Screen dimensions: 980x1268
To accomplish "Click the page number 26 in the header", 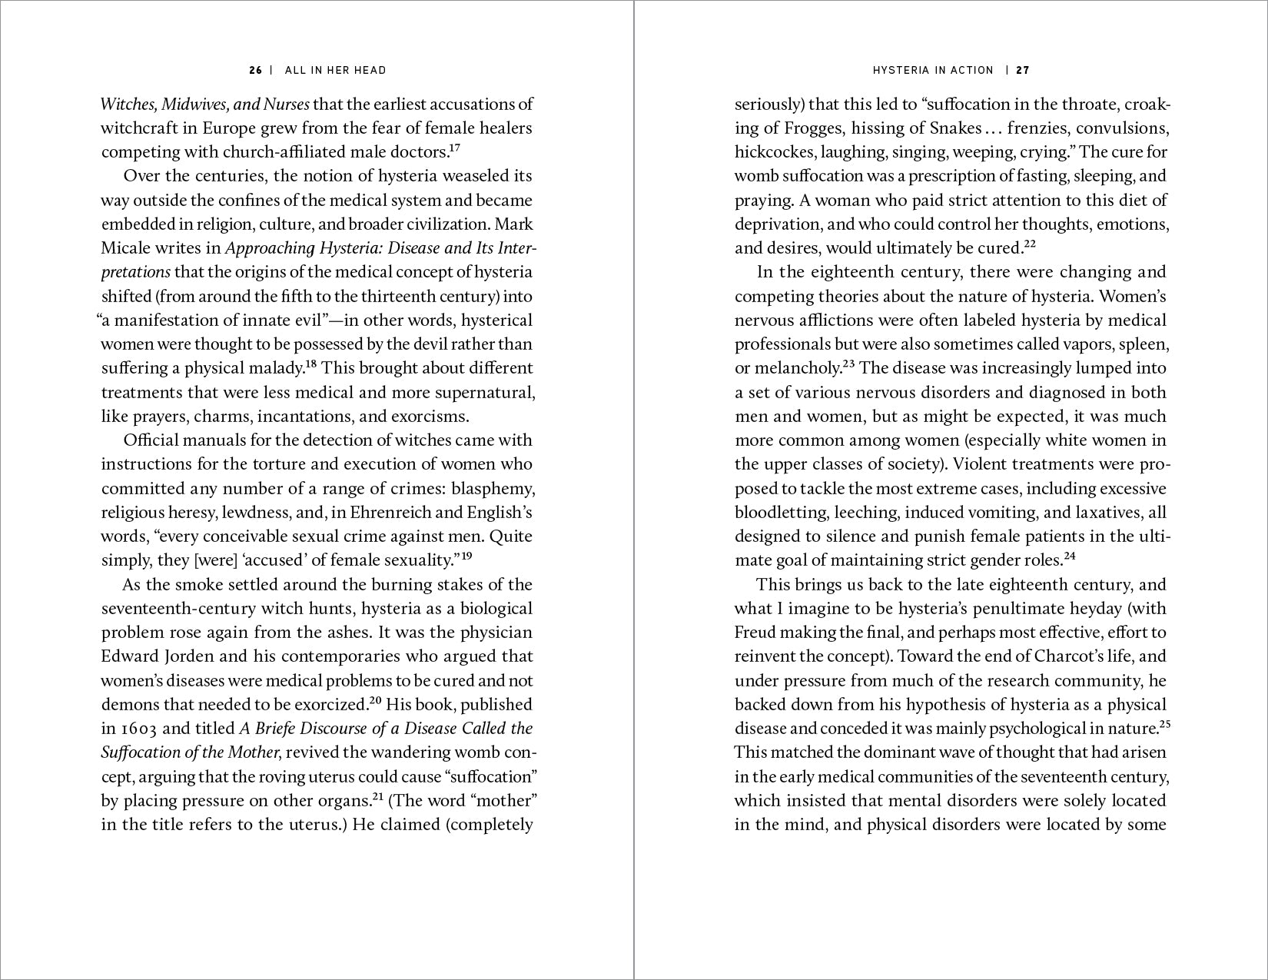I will coord(256,70).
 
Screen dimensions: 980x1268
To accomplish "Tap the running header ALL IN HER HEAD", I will coord(336,70).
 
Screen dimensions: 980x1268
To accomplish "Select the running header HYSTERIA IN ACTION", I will coord(933,70).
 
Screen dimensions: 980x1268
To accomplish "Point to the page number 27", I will coord(1023,70).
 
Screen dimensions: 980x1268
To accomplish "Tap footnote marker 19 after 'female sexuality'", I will coord(466,556).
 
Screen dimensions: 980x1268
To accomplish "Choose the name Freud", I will coord(755,633).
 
